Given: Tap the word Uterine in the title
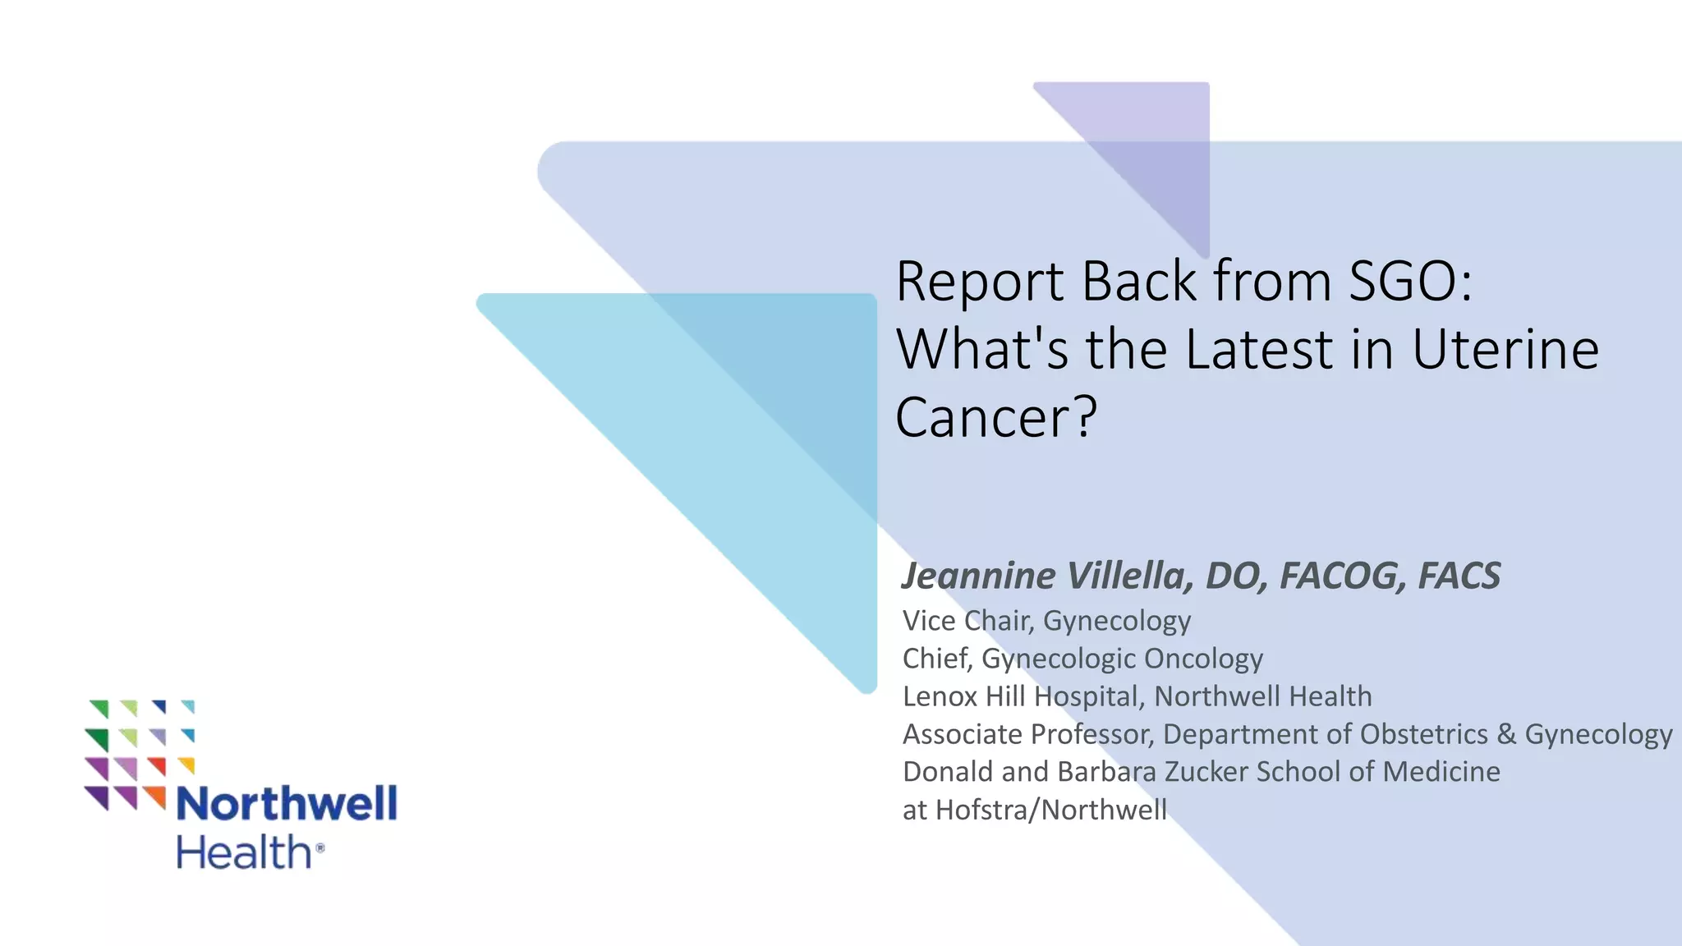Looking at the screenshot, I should [x=1505, y=350].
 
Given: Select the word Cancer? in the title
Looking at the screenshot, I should [x=995, y=418].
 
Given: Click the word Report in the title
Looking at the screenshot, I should [x=980, y=282].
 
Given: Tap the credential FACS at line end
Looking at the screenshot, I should [x=1459, y=576].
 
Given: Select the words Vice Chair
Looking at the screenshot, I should [x=967, y=621].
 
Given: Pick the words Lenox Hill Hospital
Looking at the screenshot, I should [x=1021, y=696].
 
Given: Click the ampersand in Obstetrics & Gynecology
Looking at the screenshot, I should [x=1506, y=734].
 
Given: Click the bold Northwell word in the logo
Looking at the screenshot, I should [x=287, y=803].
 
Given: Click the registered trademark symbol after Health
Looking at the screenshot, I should [x=319, y=847].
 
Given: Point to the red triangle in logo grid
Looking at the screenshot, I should [x=157, y=765].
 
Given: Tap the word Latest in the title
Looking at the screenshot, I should [x=1259, y=350].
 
